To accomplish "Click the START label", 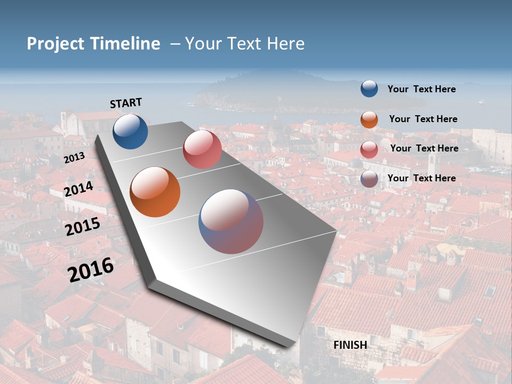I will click(126, 103).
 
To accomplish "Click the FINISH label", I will click(350, 345).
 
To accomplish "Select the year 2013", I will click(74, 158).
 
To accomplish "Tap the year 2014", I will click(78, 189).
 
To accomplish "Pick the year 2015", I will click(83, 226).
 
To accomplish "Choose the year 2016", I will click(91, 269).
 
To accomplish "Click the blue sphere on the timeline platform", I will click(130, 131).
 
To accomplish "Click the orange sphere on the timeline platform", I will click(155, 192).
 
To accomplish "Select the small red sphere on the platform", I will click(202, 149).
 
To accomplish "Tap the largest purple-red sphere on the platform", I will click(231, 221).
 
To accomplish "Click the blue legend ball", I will click(369, 89).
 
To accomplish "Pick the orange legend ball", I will click(369, 119).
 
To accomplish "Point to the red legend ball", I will click(369, 149).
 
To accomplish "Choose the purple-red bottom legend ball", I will click(369, 179).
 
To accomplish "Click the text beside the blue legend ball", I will click(421, 89).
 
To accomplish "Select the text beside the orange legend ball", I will click(423, 119).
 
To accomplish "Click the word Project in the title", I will click(55, 44).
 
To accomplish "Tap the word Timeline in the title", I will click(126, 44).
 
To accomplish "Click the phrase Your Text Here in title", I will click(245, 44).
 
